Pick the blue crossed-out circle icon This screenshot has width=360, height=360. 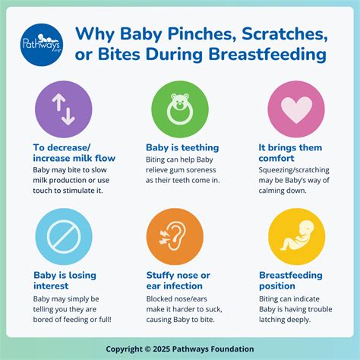pos(63,234)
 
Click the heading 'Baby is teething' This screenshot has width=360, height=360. pos(182,148)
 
